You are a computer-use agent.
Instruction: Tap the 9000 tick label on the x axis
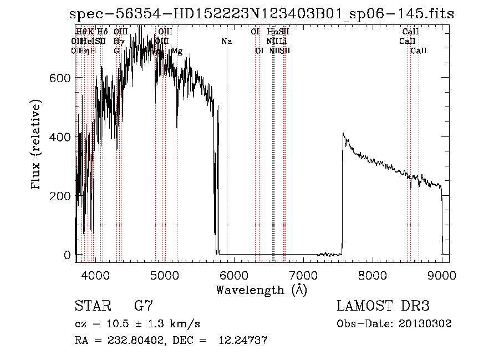pyautogui.click(x=442, y=275)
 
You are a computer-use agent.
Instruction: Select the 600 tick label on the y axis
pyautogui.click(x=60, y=78)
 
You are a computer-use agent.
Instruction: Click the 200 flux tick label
pyautogui.click(x=60, y=196)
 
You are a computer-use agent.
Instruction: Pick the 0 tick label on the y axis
pyautogui.click(x=67, y=255)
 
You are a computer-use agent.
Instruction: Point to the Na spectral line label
pyautogui.click(x=226, y=42)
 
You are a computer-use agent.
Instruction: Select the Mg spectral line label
pyautogui.click(x=177, y=51)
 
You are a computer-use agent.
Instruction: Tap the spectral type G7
pyautogui.click(x=143, y=306)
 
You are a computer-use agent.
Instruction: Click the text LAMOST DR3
pyautogui.click(x=383, y=306)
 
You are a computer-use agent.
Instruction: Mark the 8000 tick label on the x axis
pyautogui.click(x=372, y=275)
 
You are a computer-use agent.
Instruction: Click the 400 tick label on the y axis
pyautogui.click(x=60, y=137)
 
